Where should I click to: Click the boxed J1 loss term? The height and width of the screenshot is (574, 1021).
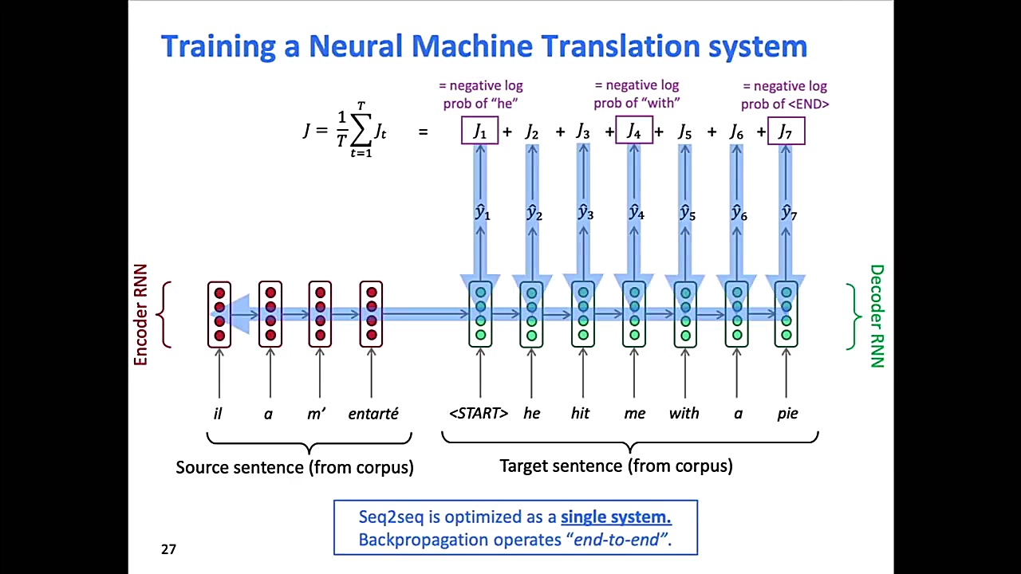[479, 132]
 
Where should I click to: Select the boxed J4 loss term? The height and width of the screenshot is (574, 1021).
[634, 131]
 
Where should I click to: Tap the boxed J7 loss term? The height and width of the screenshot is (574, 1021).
[786, 132]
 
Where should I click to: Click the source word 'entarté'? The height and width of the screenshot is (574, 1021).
[373, 414]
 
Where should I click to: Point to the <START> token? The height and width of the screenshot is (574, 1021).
[479, 413]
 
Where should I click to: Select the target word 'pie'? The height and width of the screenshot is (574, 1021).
[787, 414]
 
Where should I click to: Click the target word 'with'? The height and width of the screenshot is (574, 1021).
[684, 413]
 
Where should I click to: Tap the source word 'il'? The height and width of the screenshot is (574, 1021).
[218, 414]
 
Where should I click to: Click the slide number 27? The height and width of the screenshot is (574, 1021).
[168, 548]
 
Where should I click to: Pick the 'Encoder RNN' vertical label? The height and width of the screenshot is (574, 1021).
[141, 315]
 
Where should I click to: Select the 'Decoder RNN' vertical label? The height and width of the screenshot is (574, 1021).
[877, 316]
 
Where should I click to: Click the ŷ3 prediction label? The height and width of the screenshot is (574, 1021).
[585, 213]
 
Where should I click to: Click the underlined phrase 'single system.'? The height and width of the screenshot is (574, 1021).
[616, 517]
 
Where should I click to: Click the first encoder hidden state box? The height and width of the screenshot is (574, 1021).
[219, 314]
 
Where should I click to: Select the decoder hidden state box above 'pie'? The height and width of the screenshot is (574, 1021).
[786, 314]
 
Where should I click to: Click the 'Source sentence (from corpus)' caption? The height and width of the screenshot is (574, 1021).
[294, 467]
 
